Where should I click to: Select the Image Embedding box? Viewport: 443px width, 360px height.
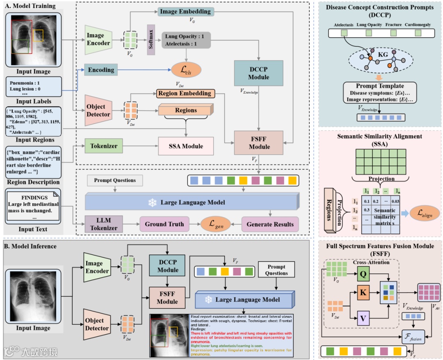click(x=185, y=12)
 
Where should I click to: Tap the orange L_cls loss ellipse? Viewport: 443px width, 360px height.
click(x=186, y=70)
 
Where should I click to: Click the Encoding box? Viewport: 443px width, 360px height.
click(x=101, y=70)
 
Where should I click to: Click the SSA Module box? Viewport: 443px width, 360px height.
click(x=186, y=146)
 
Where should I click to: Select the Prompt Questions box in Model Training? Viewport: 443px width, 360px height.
click(x=114, y=180)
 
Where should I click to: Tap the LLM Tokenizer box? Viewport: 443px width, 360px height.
click(x=104, y=224)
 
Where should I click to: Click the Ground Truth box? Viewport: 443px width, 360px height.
click(x=164, y=224)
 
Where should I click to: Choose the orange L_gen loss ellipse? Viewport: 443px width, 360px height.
click(x=214, y=224)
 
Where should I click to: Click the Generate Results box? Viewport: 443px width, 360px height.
click(x=270, y=224)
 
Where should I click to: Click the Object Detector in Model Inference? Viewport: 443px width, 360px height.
click(x=98, y=324)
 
